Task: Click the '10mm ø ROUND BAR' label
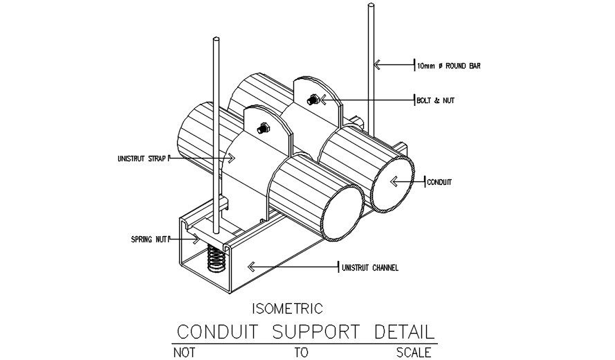coord(448,66)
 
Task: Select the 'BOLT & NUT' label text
coord(435,100)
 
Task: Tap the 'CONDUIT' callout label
coord(439,182)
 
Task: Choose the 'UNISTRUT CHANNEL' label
coord(370,267)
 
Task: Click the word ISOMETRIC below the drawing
coord(285,307)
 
